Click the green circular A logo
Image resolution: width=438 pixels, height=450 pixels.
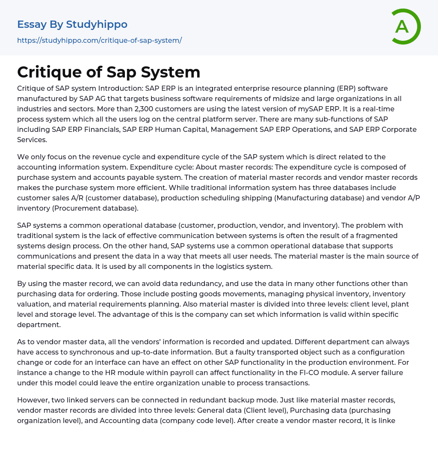(x=405, y=27)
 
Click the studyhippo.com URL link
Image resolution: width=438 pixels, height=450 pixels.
(x=99, y=40)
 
